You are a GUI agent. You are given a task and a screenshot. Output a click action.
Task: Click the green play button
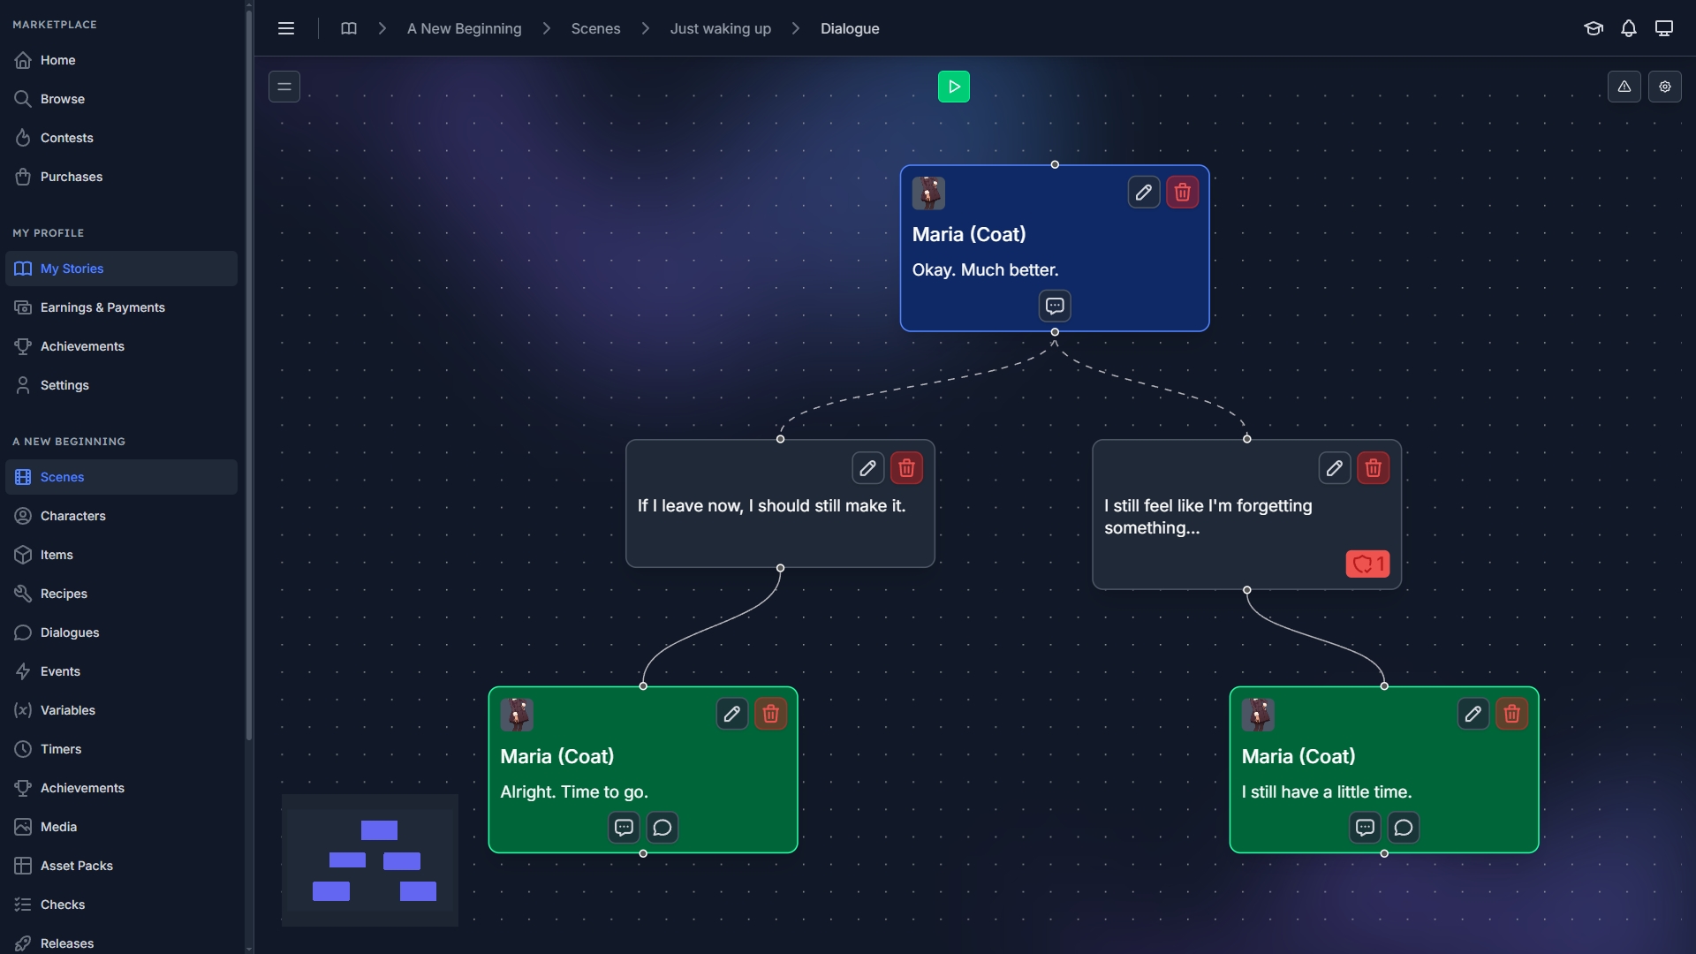click(953, 87)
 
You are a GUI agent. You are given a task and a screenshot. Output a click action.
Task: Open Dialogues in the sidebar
click(69, 632)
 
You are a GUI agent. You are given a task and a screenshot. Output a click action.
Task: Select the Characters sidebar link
click(72, 516)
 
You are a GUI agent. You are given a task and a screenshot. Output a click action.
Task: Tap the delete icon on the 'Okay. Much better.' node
click(1182, 193)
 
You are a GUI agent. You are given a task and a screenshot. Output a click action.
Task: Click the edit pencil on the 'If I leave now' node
click(867, 468)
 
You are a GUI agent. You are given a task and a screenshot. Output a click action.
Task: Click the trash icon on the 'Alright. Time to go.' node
click(770, 714)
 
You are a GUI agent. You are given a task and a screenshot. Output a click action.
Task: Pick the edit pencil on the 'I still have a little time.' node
click(1473, 714)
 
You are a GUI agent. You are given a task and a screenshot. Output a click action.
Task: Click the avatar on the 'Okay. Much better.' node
click(928, 193)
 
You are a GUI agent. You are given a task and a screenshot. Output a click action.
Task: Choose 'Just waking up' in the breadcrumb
click(720, 28)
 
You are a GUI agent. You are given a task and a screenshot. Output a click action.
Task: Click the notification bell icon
click(1628, 28)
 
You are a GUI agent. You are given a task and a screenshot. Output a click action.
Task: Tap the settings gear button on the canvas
click(1664, 87)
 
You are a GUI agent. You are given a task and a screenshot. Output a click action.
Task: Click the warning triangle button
click(1624, 87)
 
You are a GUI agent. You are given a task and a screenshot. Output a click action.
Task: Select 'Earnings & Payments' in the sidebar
click(102, 307)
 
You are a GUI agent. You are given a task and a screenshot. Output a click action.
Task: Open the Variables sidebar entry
click(67, 710)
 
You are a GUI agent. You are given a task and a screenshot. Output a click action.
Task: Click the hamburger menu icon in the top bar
click(286, 28)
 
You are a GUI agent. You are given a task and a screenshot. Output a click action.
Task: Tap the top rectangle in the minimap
click(379, 830)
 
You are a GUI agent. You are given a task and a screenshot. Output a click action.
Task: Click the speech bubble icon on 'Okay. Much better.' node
click(1054, 307)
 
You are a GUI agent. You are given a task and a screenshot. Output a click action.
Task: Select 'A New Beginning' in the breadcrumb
click(464, 28)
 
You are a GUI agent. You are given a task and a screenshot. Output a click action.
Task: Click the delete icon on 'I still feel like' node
click(1373, 468)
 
